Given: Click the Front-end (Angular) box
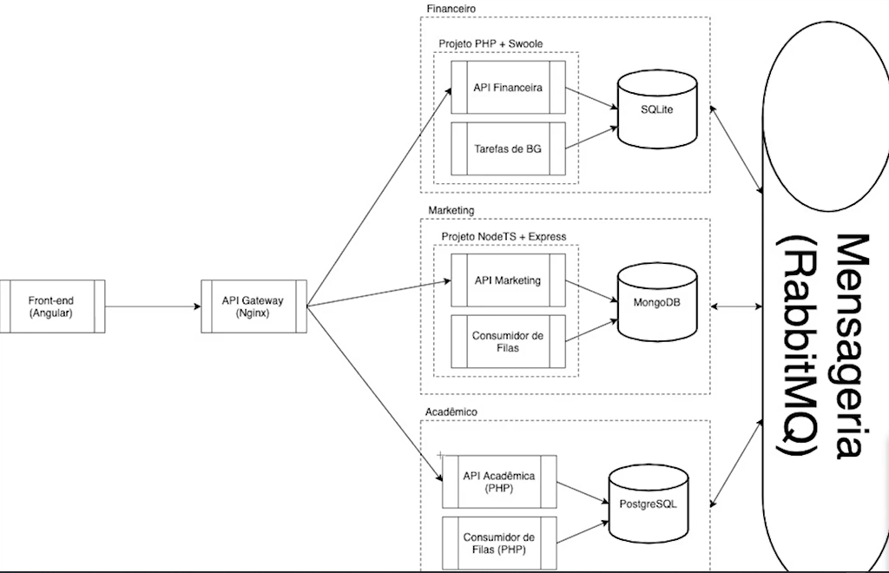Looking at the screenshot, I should click(x=50, y=306).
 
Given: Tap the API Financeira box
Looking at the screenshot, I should click(x=508, y=87).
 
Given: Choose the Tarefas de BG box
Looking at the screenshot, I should click(x=508, y=148).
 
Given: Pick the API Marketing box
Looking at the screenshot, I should click(x=508, y=280).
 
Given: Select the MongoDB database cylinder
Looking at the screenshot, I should click(x=657, y=301).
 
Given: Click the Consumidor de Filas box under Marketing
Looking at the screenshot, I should click(x=508, y=341).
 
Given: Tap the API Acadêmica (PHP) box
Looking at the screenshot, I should click(x=499, y=481).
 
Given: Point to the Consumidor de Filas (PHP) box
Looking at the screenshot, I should click(x=499, y=543).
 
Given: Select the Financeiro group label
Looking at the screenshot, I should click(x=451, y=8).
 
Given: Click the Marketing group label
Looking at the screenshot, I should click(x=451, y=210).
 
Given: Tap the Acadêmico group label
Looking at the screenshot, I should click(x=452, y=411).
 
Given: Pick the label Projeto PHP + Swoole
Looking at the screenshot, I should click(x=491, y=43).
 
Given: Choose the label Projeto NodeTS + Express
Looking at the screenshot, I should click(x=504, y=236).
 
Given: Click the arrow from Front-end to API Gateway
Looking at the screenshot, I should click(x=152, y=306).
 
